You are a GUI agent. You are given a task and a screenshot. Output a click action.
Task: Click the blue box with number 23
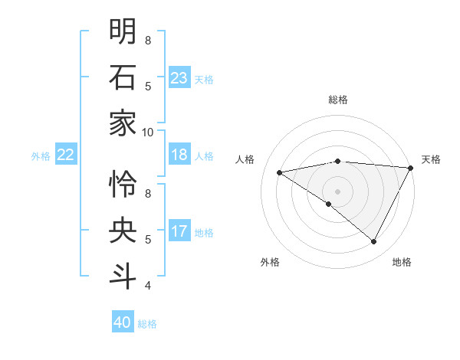[x=179, y=78]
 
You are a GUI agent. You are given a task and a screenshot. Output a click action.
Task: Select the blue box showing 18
[x=179, y=155]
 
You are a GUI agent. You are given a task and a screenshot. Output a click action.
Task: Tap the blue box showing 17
[x=179, y=232]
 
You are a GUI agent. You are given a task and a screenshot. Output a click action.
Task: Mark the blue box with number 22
[x=65, y=155]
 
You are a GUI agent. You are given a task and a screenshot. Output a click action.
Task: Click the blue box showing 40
[x=123, y=322]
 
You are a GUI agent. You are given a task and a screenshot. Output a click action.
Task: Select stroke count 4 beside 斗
[x=147, y=286]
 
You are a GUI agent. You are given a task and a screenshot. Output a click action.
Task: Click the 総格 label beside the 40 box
[x=147, y=324]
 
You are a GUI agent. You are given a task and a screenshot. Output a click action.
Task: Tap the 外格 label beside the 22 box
[x=41, y=156]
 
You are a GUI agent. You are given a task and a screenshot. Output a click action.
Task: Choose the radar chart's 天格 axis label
[x=432, y=159]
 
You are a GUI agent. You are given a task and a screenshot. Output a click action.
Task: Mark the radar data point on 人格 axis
[x=280, y=172]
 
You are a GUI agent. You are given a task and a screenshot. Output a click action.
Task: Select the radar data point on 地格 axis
[x=374, y=242]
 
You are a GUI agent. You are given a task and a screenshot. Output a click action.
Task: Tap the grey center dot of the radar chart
[x=338, y=191]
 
